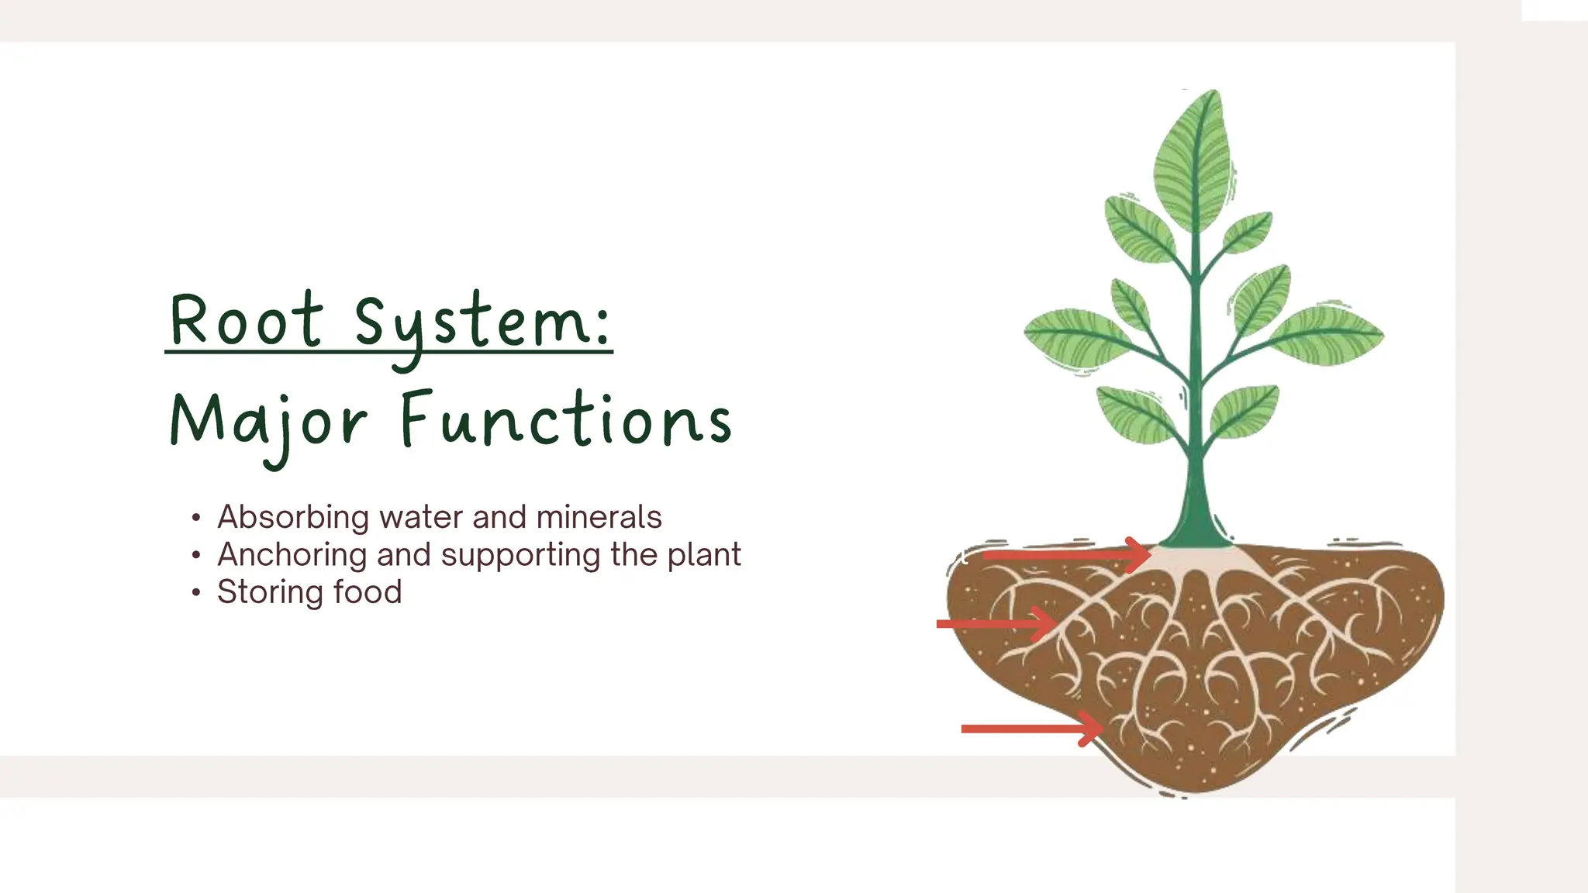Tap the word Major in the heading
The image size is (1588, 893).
click(x=268, y=422)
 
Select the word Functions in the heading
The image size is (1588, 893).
click(x=566, y=420)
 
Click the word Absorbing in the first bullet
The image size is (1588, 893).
click(x=293, y=517)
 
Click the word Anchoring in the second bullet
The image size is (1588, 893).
click(x=292, y=555)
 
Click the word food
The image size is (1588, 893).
click(x=368, y=592)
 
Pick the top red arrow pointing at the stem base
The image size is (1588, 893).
click(x=1066, y=555)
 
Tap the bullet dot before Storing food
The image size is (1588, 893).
click(x=196, y=593)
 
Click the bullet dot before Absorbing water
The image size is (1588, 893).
click(x=196, y=518)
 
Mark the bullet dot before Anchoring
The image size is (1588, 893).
click(x=196, y=555)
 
